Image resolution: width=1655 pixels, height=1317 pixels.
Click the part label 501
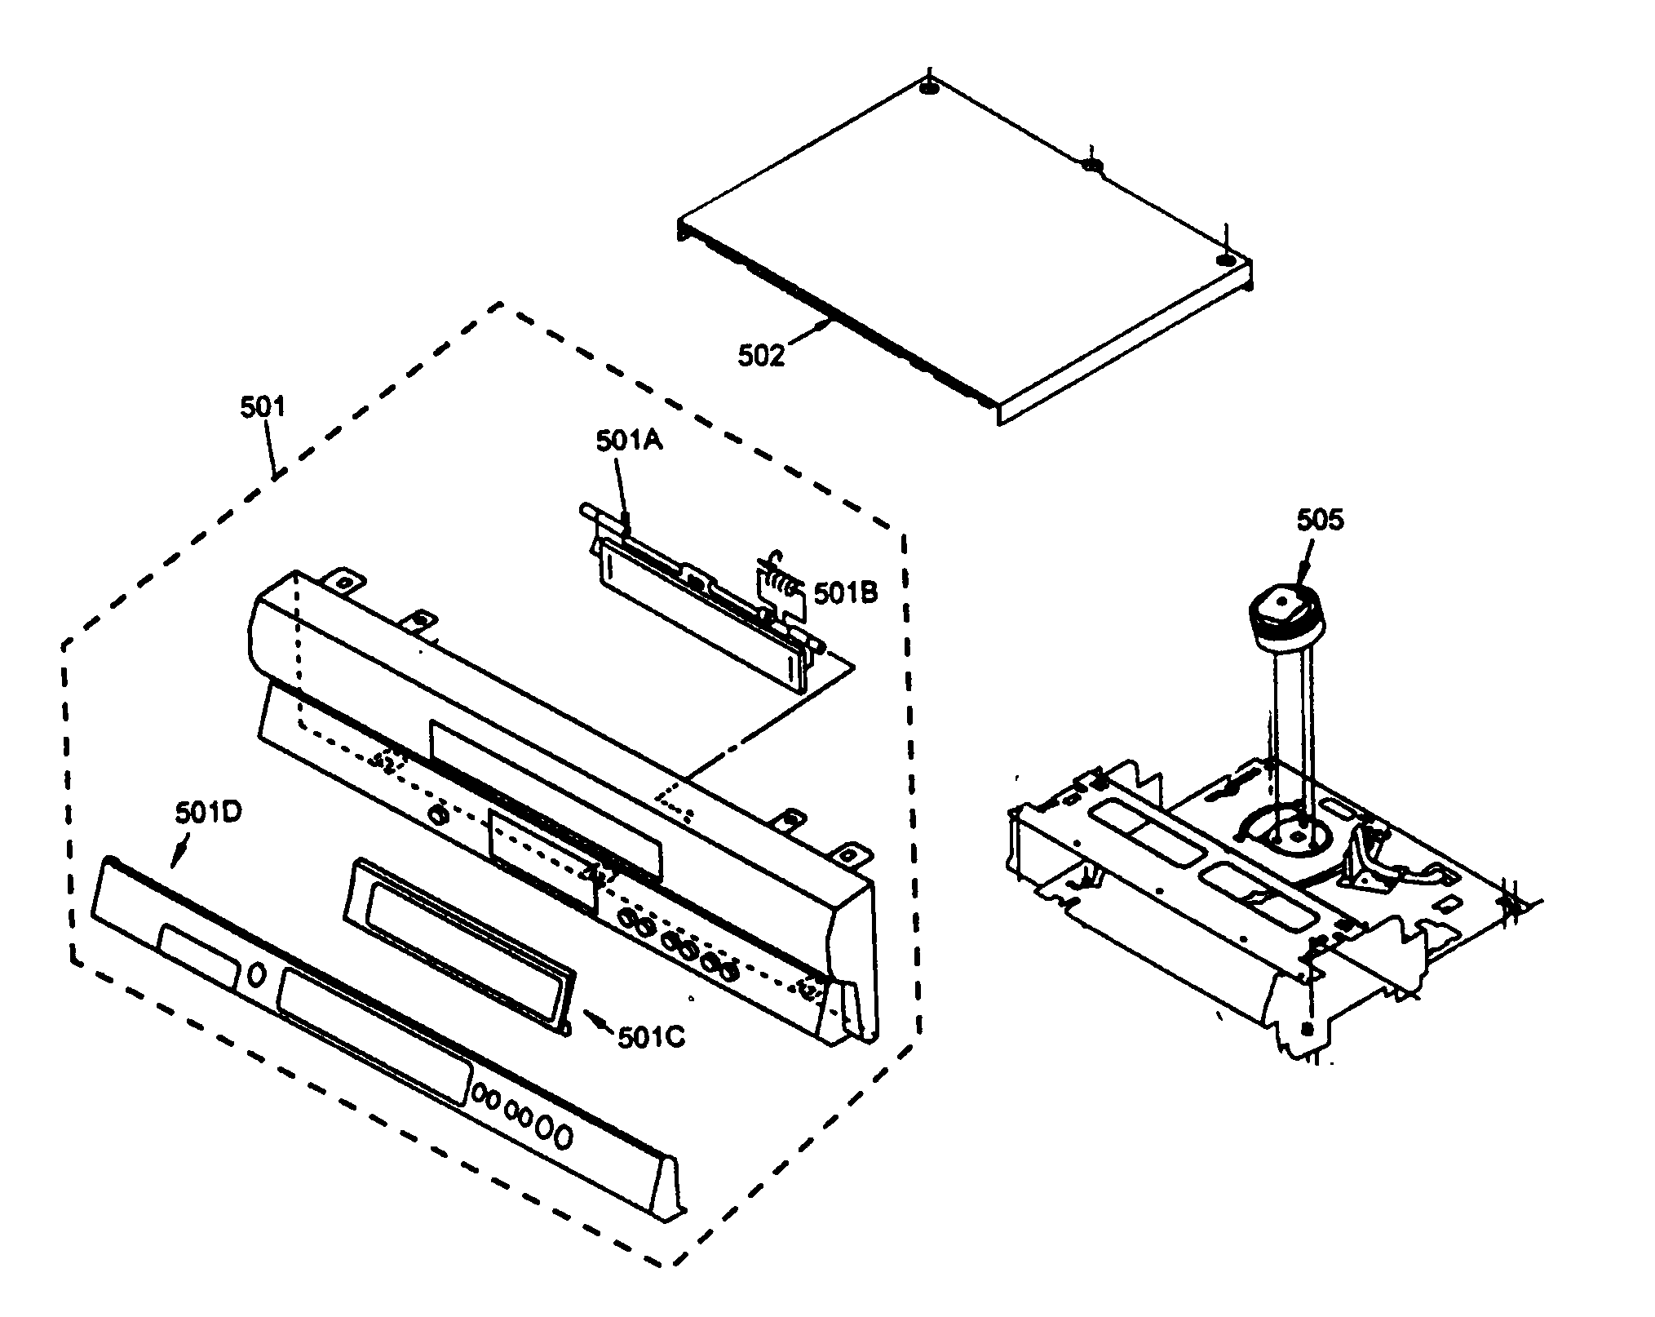pos(263,406)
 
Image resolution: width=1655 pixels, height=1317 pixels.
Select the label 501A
pos(629,441)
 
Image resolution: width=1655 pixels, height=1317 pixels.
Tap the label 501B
pos(846,593)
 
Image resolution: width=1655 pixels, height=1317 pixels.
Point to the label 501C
pos(651,1037)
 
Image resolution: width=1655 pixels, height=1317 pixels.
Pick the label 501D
pos(208,813)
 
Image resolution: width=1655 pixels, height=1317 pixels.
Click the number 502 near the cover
pos(761,355)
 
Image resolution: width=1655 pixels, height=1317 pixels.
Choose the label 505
pos(1319,520)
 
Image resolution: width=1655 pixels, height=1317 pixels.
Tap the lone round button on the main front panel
pos(438,814)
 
